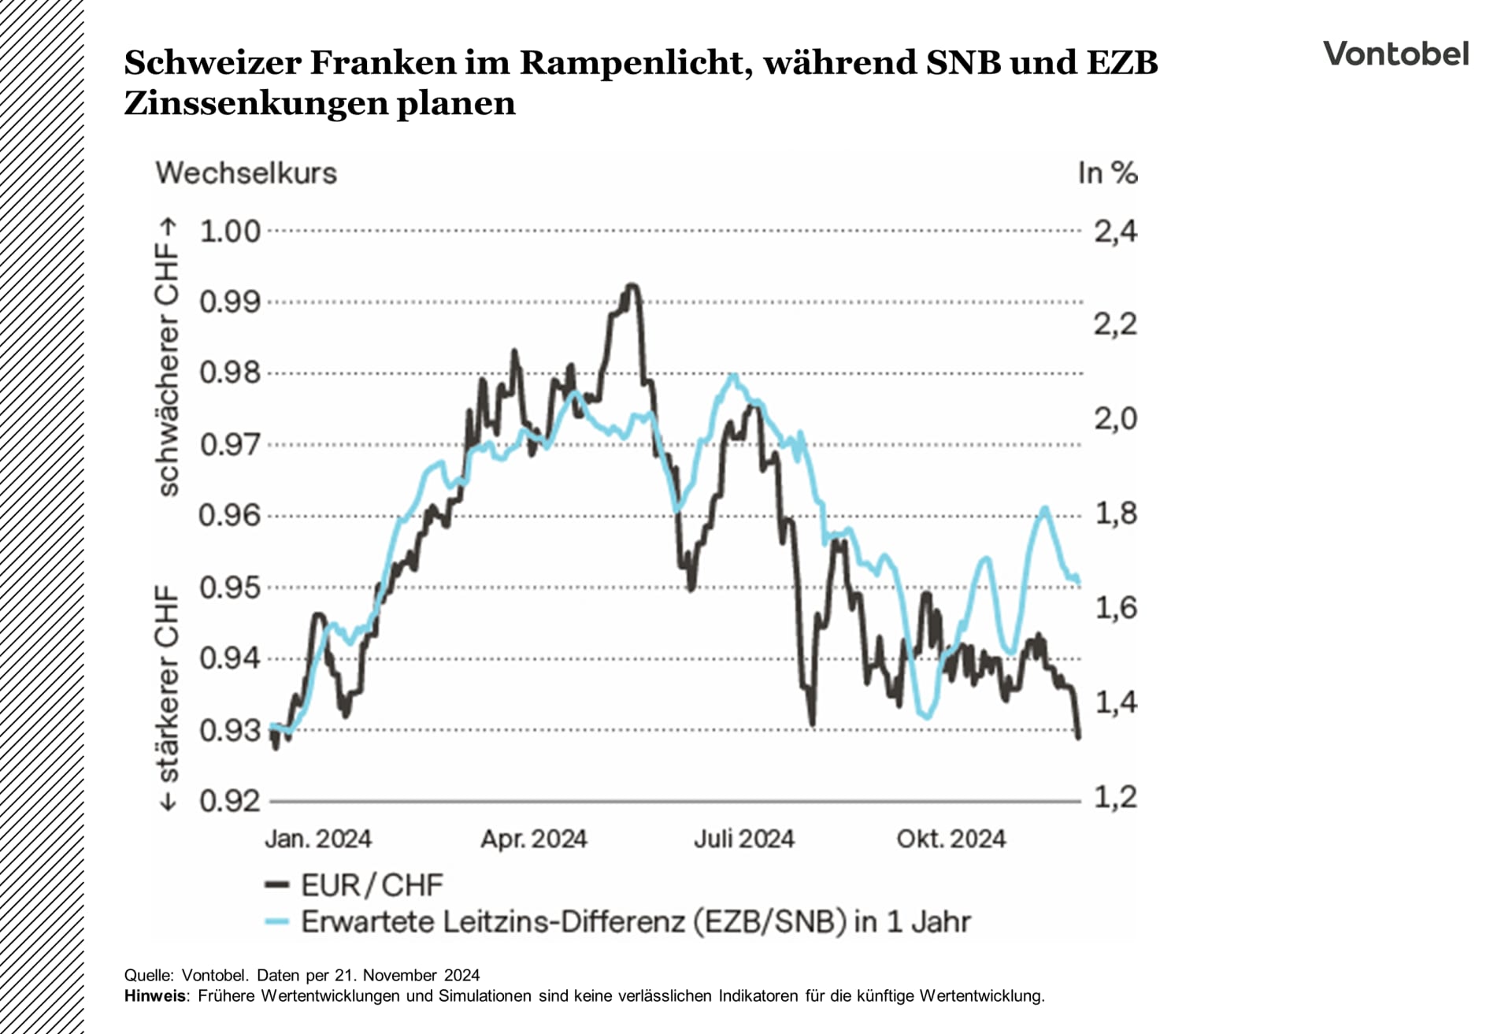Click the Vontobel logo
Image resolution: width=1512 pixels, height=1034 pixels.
click(x=1395, y=54)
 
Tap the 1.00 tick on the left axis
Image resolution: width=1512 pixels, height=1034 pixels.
click(x=229, y=232)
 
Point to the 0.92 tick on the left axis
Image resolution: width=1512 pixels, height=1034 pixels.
click(x=229, y=801)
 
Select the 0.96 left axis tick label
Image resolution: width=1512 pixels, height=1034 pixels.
click(x=229, y=516)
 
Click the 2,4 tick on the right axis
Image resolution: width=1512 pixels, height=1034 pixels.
click(x=1115, y=232)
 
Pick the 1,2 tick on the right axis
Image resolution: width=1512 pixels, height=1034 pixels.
click(x=1115, y=797)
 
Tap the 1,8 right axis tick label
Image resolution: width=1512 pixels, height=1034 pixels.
click(x=1115, y=513)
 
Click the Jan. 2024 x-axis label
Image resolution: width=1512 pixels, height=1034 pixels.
click(x=318, y=839)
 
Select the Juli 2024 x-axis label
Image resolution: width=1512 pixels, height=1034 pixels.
click(x=743, y=839)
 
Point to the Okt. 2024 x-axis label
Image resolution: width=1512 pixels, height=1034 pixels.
click(x=951, y=839)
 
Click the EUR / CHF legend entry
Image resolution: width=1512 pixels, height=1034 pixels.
click(x=355, y=885)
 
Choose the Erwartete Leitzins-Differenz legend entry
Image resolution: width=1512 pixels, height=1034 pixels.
click(x=619, y=921)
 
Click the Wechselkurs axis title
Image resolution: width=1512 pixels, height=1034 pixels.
click(x=246, y=173)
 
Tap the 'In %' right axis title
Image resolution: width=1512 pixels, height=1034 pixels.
click(x=1107, y=173)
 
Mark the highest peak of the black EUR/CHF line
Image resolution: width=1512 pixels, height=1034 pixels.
click(x=632, y=285)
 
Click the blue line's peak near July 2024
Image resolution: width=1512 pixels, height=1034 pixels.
click(x=733, y=376)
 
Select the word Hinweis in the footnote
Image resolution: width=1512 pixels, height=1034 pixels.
click(x=155, y=996)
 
